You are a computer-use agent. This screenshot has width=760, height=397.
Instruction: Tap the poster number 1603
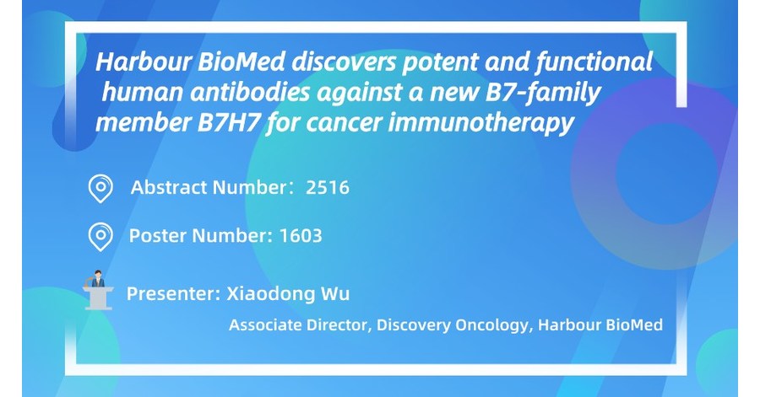(300, 235)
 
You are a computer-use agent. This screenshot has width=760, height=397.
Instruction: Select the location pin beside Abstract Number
(100, 188)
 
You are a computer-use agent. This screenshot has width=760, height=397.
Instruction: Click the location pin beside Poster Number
(100, 236)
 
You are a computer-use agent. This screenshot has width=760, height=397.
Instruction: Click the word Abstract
(166, 188)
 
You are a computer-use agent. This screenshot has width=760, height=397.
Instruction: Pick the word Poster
(155, 235)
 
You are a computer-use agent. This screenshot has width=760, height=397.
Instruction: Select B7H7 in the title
(198, 122)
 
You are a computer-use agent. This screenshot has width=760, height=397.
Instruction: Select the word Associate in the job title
(263, 325)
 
